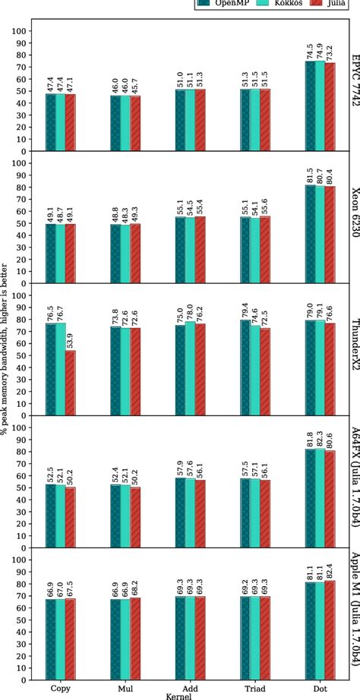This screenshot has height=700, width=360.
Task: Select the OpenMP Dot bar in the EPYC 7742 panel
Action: pyautogui.click(x=309, y=106)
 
